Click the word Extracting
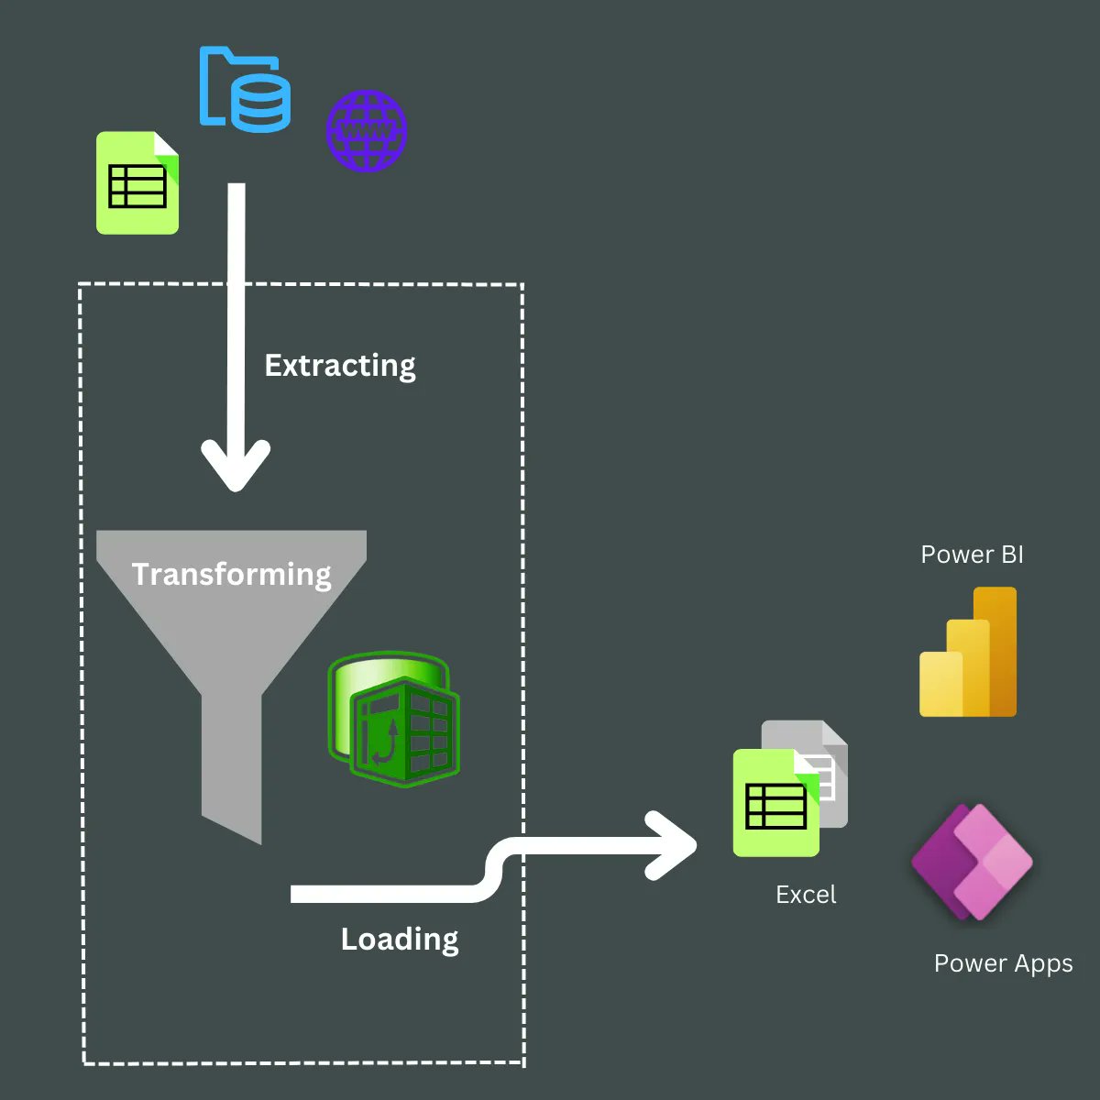(x=339, y=366)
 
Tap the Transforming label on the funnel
(x=231, y=574)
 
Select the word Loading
(x=400, y=940)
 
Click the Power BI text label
(x=972, y=555)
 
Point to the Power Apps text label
(x=1003, y=963)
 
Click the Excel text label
(x=806, y=895)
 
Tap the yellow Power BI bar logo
(x=968, y=653)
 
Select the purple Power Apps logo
(x=972, y=863)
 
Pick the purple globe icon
(x=367, y=131)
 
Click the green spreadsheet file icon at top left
(x=137, y=182)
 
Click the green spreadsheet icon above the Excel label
(x=775, y=804)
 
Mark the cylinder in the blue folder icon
(x=261, y=104)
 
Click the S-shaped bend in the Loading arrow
(x=495, y=869)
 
